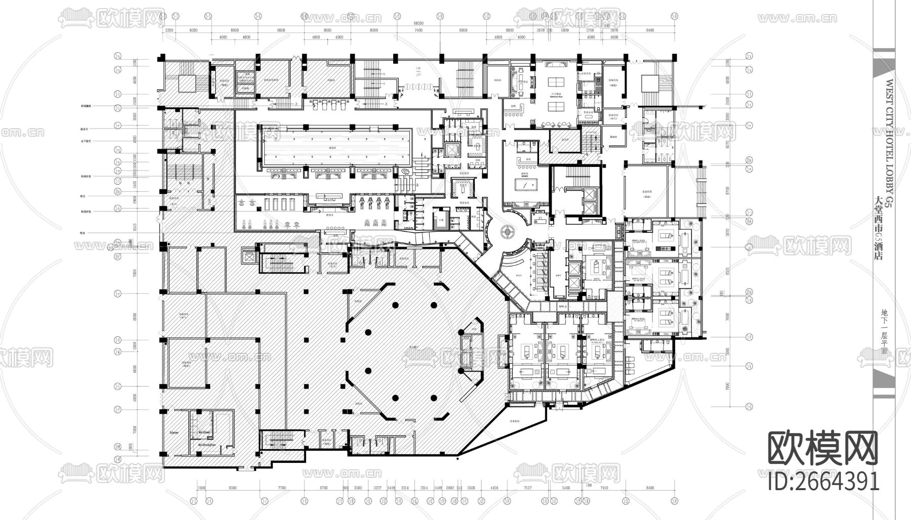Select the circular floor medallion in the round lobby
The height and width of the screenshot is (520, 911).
508,232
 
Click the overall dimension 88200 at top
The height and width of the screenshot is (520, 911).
418,23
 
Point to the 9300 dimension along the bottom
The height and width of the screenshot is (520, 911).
233,488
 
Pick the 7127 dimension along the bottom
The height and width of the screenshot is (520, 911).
528,488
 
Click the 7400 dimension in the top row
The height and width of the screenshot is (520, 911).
418,30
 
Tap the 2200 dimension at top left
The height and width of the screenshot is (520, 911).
169,30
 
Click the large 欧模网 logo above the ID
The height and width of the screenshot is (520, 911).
823,449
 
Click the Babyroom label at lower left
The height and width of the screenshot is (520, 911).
174,433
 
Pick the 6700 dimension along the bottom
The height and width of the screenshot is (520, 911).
324,488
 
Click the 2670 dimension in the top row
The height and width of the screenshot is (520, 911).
541,30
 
